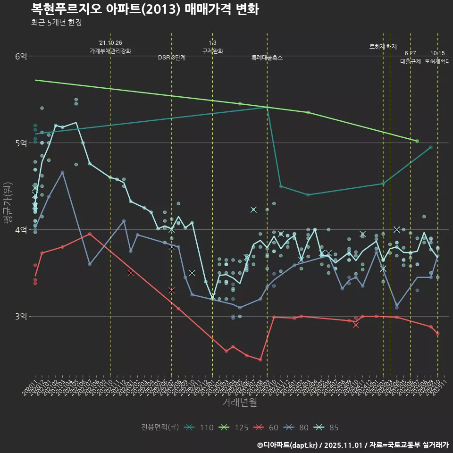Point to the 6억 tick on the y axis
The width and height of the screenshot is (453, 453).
tap(21, 56)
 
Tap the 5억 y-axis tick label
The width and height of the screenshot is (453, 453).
tap(21, 143)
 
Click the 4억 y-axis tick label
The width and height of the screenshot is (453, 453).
tap(21, 230)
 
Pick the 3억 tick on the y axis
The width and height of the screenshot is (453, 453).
tap(21, 316)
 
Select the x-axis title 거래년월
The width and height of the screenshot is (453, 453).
tap(240, 402)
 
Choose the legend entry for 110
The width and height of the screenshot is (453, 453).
tap(200, 428)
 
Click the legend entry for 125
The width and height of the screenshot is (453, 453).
tap(235, 428)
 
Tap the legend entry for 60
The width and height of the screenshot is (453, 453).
tap(267, 428)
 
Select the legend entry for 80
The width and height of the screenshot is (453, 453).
tap(297, 428)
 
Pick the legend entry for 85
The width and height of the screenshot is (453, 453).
tap(327, 428)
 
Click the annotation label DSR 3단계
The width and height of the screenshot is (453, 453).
tap(172, 58)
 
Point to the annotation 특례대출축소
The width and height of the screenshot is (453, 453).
tap(267, 58)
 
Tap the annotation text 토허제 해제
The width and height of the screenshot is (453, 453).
tap(383, 47)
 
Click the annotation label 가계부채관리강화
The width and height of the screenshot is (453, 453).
tap(110, 50)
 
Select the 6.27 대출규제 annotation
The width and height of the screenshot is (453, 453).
tap(411, 57)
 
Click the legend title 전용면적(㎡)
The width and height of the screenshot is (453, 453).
tap(160, 428)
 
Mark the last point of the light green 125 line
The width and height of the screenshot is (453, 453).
tap(417, 141)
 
